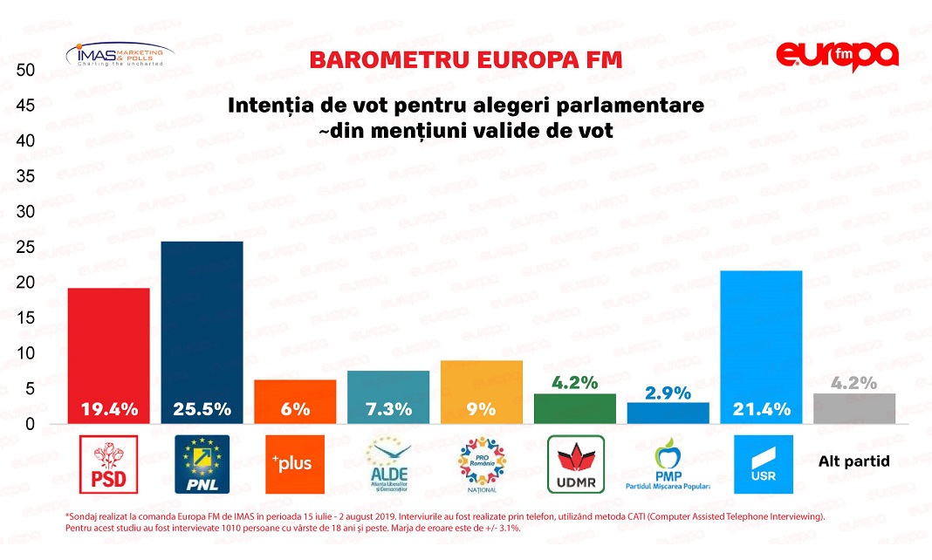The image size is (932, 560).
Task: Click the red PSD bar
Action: (109, 349)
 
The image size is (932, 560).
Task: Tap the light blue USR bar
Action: (762, 340)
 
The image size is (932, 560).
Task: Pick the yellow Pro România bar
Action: (482, 384)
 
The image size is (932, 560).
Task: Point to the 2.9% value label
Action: (668, 393)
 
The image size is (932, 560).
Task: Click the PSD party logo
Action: (109, 464)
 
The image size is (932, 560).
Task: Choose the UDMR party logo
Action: (575, 464)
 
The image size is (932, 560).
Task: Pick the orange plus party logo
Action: (295, 464)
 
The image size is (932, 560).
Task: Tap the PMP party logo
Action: (668, 464)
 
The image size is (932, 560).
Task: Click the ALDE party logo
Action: (388, 464)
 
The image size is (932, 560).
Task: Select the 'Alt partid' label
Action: (853, 461)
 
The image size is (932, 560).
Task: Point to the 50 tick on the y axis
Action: (25, 70)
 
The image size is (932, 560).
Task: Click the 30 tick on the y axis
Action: (25, 212)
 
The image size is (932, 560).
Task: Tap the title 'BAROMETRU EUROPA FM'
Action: (466, 60)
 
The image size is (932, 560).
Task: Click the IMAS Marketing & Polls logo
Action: (120, 55)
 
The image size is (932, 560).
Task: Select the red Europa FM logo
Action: (837, 57)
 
